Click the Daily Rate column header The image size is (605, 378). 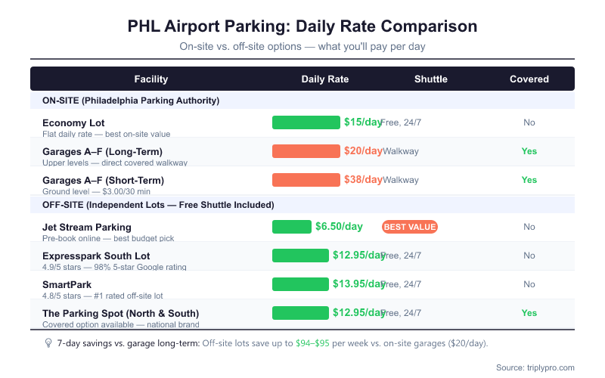pyautogui.click(x=325, y=79)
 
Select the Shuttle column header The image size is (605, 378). pyautogui.click(x=431, y=79)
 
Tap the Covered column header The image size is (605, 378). pyautogui.click(x=529, y=79)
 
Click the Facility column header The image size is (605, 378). pyautogui.click(x=150, y=79)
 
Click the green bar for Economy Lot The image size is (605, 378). pyautogui.click(x=306, y=122)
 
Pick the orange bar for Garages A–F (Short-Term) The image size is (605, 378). pyautogui.click(x=306, y=180)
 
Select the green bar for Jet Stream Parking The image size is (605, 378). pyautogui.click(x=292, y=227)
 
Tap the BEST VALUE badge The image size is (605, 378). pyautogui.click(x=410, y=227)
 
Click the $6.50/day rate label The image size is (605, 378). pyautogui.click(x=339, y=227)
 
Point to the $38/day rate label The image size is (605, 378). pyautogui.click(x=363, y=180)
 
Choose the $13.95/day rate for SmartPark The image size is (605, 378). pyautogui.click(x=358, y=284)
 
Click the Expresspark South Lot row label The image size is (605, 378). pyautogui.click(x=96, y=256)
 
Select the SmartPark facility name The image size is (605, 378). pyautogui.click(x=67, y=284)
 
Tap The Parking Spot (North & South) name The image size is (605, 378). pyautogui.click(x=120, y=313)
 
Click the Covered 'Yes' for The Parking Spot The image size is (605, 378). pyautogui.click(x=529, y=313)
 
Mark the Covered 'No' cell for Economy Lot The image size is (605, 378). pyautogui.click(x=529, y=122)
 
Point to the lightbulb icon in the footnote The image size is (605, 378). pyautogui.click(x=48, y=343)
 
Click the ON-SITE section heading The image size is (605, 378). pyautogui.click(x=131, y=100)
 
